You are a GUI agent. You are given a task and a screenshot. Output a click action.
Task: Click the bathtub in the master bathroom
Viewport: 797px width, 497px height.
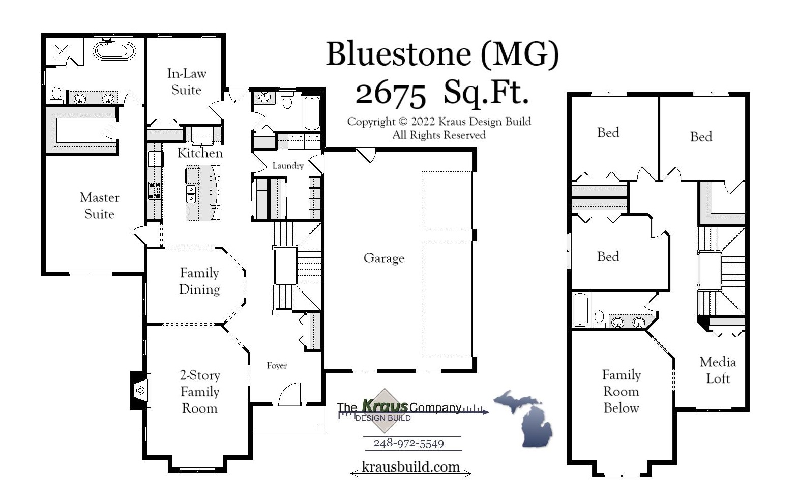coord(114,51)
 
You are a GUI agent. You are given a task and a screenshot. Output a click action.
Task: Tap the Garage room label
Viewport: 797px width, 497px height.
coord(383,258)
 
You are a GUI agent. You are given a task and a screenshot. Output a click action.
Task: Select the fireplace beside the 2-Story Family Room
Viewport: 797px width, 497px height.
coord(139,390)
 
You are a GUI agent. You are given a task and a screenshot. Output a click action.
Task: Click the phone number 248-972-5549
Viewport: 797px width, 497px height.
coord(408,444)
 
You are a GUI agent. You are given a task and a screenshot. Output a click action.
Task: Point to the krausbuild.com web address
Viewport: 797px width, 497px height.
coord(410,467)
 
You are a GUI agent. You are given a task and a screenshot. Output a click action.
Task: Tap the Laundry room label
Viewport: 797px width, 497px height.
coord(287,166)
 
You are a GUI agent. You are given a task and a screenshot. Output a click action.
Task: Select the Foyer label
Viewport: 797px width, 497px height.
coord(277,366)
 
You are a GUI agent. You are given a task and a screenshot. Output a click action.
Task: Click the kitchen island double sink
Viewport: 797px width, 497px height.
coord(191,194)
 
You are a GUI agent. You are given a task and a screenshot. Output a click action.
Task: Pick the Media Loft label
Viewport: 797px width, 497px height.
coord(718,370)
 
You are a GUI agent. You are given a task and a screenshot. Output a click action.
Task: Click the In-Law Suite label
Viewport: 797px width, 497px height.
coord(186,82)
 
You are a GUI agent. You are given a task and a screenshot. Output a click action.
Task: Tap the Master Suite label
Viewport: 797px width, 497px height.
coord(99,206)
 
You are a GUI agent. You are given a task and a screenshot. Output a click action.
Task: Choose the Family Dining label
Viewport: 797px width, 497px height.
coord(199,281)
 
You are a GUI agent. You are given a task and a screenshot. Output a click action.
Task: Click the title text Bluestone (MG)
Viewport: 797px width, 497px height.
coord(441,53)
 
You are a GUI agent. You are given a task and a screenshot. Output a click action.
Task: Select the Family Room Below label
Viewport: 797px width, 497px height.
coord(621,391)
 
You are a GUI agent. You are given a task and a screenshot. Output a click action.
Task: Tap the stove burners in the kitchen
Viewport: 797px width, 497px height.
coord(154,190)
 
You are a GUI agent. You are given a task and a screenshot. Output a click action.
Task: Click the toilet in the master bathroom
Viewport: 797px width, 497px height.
coord(56,95)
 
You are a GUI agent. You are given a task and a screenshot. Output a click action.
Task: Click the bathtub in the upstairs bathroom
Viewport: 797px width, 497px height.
coord(580,309)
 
